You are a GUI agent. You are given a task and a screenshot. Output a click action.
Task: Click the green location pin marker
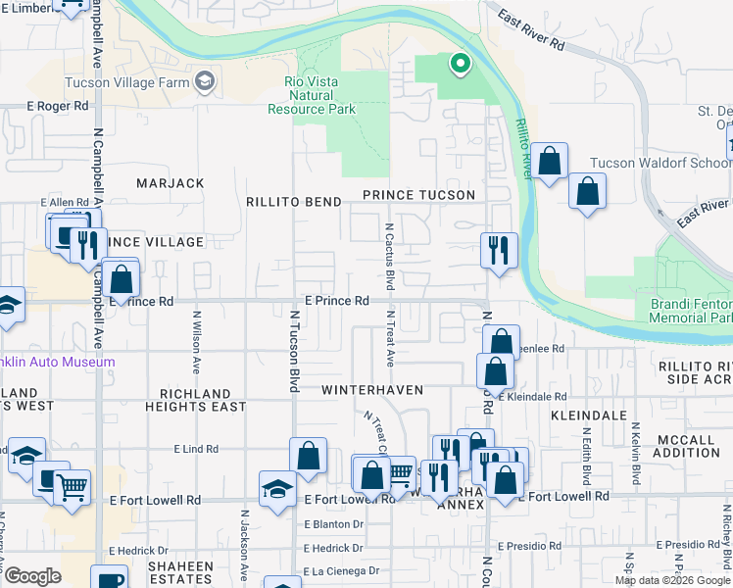458,65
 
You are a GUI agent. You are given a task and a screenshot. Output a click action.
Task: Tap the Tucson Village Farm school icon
205,81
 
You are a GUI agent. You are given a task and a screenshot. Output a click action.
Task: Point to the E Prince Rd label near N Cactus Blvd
336,301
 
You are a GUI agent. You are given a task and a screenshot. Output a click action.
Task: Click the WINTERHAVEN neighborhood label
372,390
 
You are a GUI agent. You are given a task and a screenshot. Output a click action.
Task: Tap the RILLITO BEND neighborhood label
294,202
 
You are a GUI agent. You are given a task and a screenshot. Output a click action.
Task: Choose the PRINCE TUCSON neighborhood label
418,195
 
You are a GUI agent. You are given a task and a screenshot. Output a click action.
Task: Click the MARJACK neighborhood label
171,183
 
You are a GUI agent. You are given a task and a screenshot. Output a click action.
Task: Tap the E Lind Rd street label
197,449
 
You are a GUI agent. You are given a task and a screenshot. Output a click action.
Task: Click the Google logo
32,576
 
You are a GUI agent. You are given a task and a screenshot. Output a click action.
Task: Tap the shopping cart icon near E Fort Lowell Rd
399,473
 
